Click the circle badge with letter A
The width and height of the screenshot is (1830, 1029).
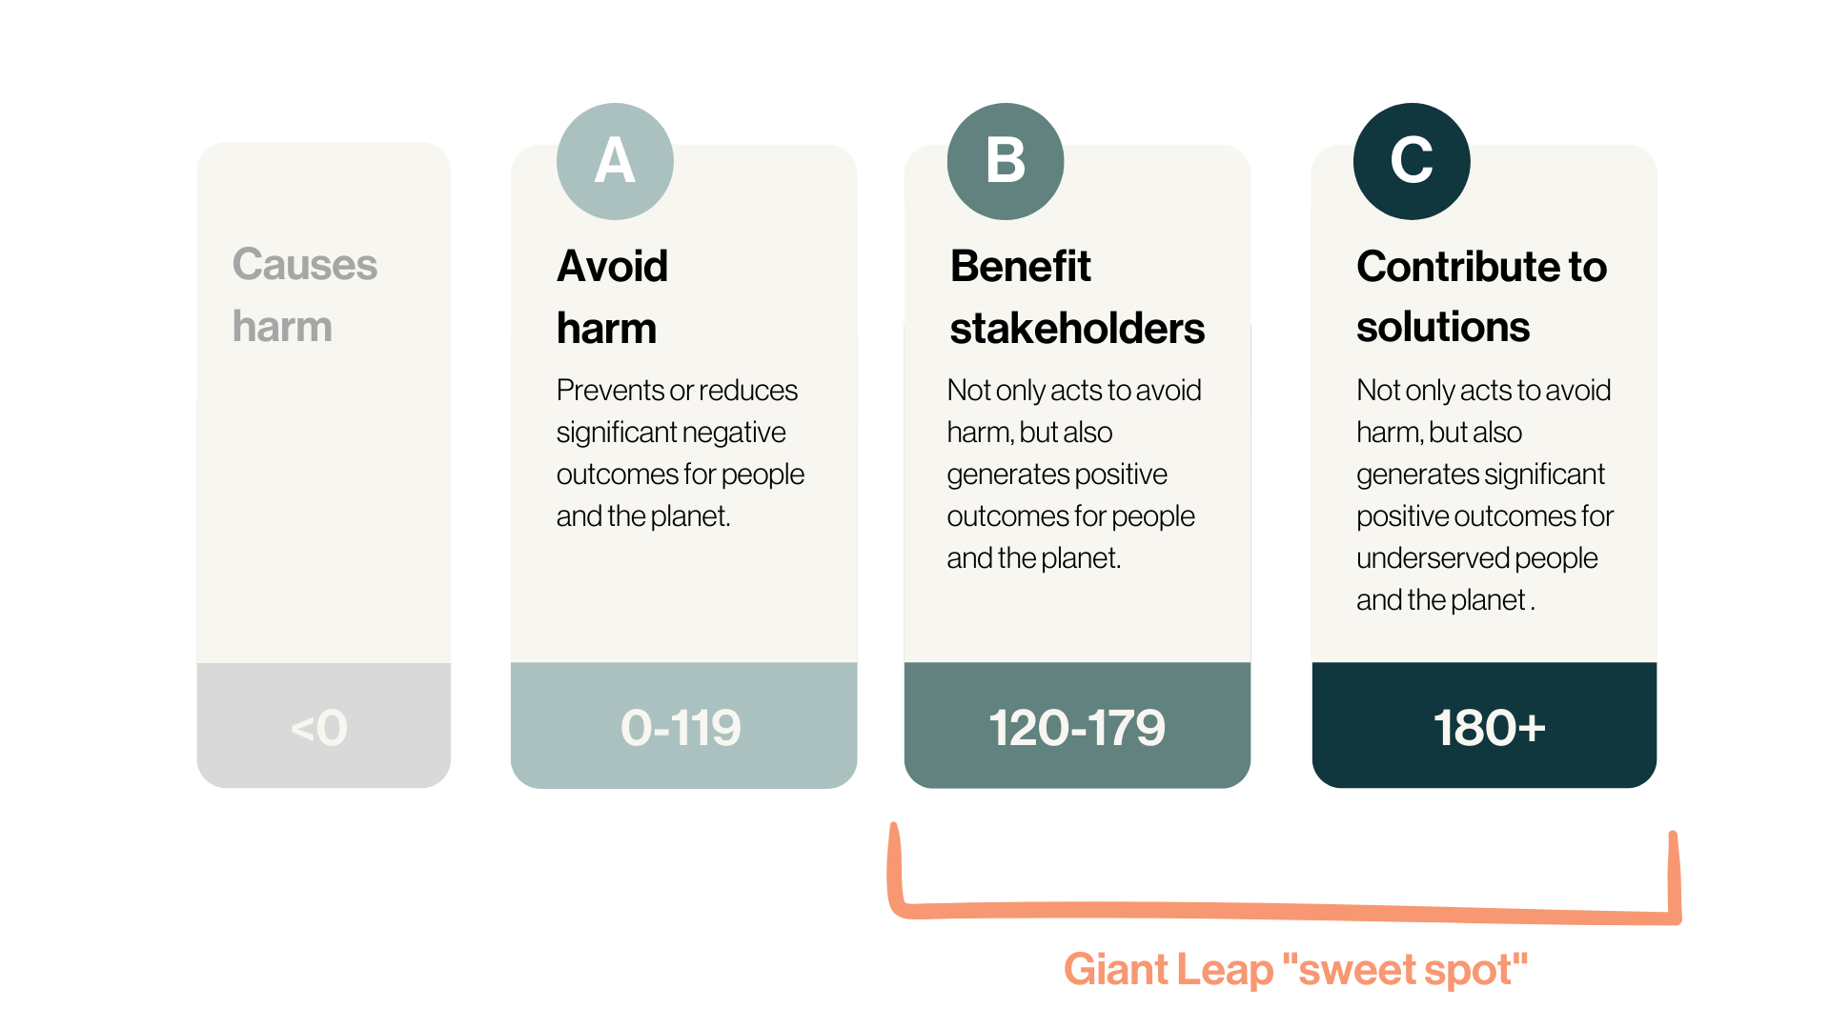[x=615, y=161]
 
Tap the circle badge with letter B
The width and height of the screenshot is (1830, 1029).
[x=1006, y=161]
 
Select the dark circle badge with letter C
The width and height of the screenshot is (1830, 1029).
[x=1412, y=161]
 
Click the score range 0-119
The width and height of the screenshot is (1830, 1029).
[x=681, y=728]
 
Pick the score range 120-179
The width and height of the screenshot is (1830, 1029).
[x=1077, y=728]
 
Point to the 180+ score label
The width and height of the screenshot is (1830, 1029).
[x=1489, y=728]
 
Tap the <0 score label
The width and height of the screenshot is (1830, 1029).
[x=319, y=728]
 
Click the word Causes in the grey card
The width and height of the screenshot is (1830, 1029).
[x=305, y=264]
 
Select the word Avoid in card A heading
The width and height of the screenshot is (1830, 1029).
[x=612, y=266]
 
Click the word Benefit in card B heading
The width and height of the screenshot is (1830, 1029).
[x=1020, y=266]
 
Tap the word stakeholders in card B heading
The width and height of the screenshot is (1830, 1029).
[x=1077, y=329]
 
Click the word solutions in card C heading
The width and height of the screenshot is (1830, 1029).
[x=1443, y=327]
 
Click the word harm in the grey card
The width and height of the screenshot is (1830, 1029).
[x=282, y=327]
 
